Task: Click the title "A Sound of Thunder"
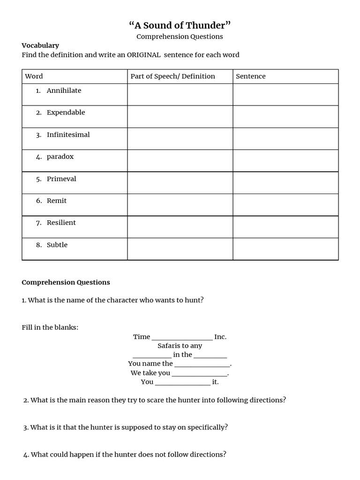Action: point(180,25)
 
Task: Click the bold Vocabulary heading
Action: point(40,45)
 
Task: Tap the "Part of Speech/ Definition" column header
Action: point(172,76)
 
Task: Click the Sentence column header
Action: point(250,76)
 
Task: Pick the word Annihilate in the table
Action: point(64,90)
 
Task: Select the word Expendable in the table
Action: point(66,112)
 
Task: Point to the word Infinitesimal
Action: point(68,135)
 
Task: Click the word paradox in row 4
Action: point(60,157)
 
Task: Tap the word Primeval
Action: point(61,179)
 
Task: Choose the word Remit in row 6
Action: point(57,201)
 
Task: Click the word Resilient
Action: point(61,223)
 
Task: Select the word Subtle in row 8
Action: point(57,245)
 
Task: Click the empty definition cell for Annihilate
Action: point(180,94)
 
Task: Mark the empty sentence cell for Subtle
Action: point(285,248)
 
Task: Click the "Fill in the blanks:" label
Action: point(50,327)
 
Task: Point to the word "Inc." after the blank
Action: point(220,337)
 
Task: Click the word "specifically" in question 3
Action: point(206,427)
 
